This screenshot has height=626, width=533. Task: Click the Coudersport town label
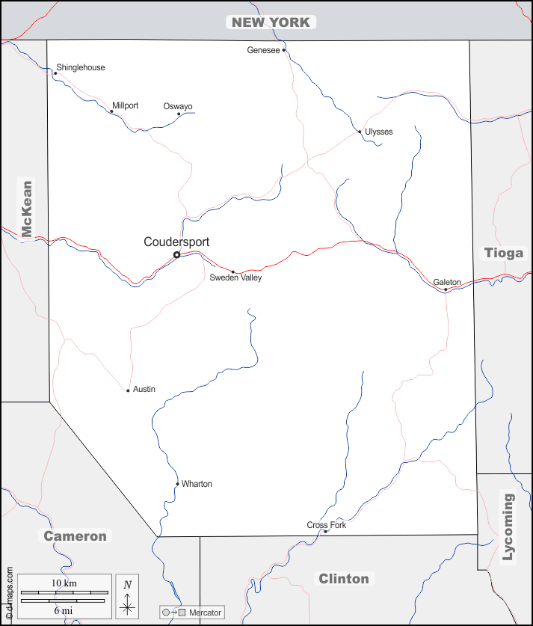(176, 242)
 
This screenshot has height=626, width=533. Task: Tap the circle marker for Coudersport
(176, 255)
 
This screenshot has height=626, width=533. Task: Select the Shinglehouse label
(81, 67)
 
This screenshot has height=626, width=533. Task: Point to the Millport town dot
(111, 111)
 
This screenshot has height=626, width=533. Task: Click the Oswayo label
(178, 106)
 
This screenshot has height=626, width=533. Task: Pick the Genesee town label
(263, 50)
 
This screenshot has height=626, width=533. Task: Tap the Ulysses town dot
(360, 132)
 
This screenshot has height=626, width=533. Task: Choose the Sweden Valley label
(235, 277)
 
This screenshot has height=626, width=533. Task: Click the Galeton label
(447, 282)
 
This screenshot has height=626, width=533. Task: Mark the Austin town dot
(128, 390)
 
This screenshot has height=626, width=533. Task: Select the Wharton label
(197, 484)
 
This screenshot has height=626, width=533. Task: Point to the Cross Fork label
(327, 525)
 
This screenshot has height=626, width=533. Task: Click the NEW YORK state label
(271, 22)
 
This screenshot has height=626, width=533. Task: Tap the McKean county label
(27, 209)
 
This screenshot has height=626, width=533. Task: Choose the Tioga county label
(504, 252)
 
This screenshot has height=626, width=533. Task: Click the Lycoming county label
(508, 527)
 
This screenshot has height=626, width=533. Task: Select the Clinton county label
(344, 579)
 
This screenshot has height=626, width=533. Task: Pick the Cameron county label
(75, 536)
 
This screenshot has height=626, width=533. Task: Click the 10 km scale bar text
(64, 583)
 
